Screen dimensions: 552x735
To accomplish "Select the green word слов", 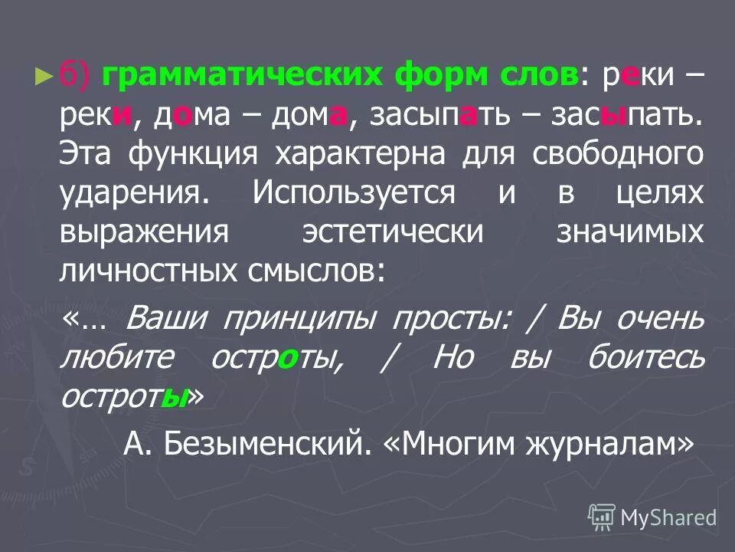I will click(x=539, y=77).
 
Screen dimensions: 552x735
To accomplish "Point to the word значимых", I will click(x=630, y=232).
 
